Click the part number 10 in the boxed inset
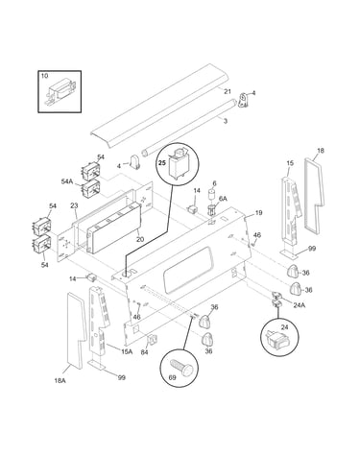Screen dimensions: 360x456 click(x=44, y=76)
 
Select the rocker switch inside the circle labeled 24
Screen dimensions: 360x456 click(x=277, y=339)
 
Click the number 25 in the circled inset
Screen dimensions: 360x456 click(x=162, y=163)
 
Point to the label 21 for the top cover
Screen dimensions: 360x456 click(x=228, y=92)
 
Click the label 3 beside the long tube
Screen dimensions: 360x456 click(x=226, y=121)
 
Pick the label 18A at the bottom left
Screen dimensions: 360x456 click(x=60, y=380)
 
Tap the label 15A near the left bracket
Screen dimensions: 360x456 click(x=127, y=351)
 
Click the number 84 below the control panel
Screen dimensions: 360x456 click(x=145, y=352)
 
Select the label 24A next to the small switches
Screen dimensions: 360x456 click(x=299, y=305)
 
